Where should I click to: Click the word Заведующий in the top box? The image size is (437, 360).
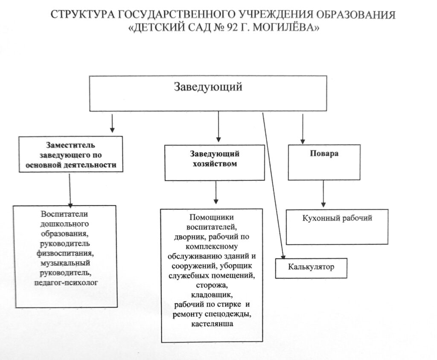[x=208, y=87]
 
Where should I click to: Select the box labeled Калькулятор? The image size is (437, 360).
[x=311, y=268]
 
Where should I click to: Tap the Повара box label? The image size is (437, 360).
[x=324, y=154]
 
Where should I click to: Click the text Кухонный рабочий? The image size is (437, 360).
[x=337, y=218]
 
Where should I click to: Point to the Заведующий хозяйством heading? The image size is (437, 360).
[x=215, y=159]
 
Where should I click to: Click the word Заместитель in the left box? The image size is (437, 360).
[x=70, y=145]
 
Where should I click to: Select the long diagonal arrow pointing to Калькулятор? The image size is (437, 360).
[x=274, y=186]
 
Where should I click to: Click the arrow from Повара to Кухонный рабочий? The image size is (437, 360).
[x=323, y=194]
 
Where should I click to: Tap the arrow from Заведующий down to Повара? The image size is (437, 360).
[x=303, y=129]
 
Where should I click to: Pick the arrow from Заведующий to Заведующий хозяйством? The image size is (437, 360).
[x=218, y=127]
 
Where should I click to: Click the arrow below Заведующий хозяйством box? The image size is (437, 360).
[x=216, y=193]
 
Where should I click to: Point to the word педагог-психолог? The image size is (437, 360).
[x=66, y=283]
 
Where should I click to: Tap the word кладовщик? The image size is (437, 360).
[x=212, y=295]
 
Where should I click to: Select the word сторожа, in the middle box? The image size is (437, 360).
[x=212, y=285]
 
